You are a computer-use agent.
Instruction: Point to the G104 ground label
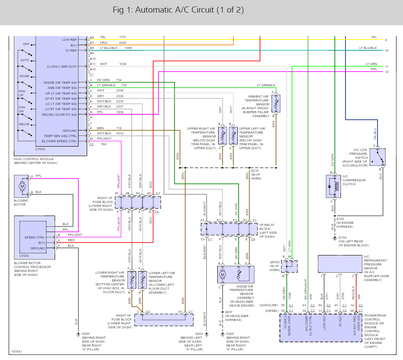343,238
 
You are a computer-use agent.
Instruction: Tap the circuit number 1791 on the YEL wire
123,37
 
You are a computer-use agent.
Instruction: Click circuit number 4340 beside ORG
123,43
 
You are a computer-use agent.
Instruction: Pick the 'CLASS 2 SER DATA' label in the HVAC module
62,66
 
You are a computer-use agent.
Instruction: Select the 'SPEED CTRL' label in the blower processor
34,237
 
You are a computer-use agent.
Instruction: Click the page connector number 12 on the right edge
386,71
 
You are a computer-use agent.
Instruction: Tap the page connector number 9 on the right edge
385,40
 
